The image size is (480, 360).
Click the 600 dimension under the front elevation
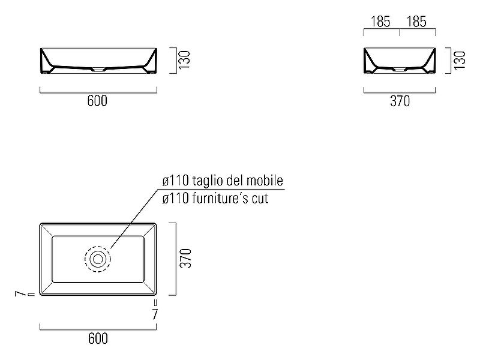[x=97, y=101]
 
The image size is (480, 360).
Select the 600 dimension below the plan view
[x=98, y=338]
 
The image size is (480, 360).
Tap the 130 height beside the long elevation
[x=185, y=60]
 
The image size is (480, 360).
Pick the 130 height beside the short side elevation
[x=460, y=60]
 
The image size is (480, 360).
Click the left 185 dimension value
[x=380, y=22]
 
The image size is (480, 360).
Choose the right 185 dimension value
[x=416, y=22]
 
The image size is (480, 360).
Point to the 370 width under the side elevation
[x=400, y=101]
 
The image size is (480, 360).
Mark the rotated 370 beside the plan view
[x=185, y=258]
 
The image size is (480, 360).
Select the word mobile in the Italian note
[x=265, y=181]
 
